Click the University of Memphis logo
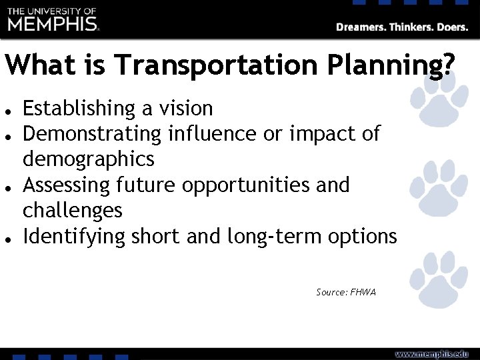pos(53,20)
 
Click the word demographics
pos(89,159)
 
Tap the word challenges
pos(73,211)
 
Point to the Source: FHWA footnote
pos(346,292)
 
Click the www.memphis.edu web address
pos(434,353)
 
